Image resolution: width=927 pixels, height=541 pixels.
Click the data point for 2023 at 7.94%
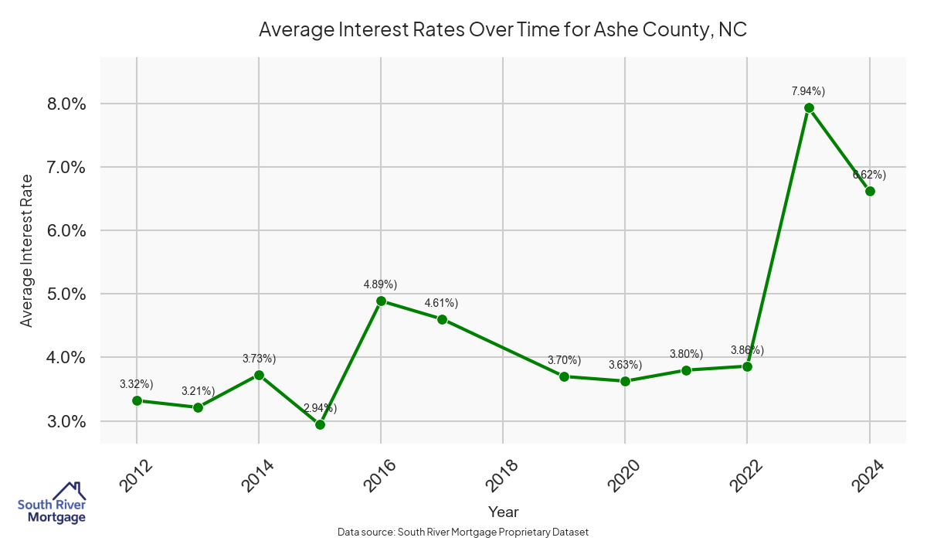point(809,108)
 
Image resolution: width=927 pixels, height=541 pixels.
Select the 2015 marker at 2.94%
point(320,424)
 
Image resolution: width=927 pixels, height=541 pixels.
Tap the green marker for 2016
point(381,301)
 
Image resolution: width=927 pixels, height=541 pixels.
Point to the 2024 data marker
point(870,191)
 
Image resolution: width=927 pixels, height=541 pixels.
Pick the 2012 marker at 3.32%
point(137,400)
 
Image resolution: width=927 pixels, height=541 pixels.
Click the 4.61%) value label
point(441,302)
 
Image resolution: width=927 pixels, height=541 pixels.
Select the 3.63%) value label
point(625,365)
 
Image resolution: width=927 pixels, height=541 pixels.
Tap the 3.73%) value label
point(259,359)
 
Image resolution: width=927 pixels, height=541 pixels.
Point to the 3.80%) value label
point(686,354)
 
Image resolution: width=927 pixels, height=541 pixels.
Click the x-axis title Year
point(503,512)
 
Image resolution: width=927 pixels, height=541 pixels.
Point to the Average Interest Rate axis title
point(27,250)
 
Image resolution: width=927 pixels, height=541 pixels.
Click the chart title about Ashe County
point(503,30)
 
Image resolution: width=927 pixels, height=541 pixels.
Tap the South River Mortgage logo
point(52,502)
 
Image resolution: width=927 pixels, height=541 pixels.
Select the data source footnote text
point(463,532)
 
